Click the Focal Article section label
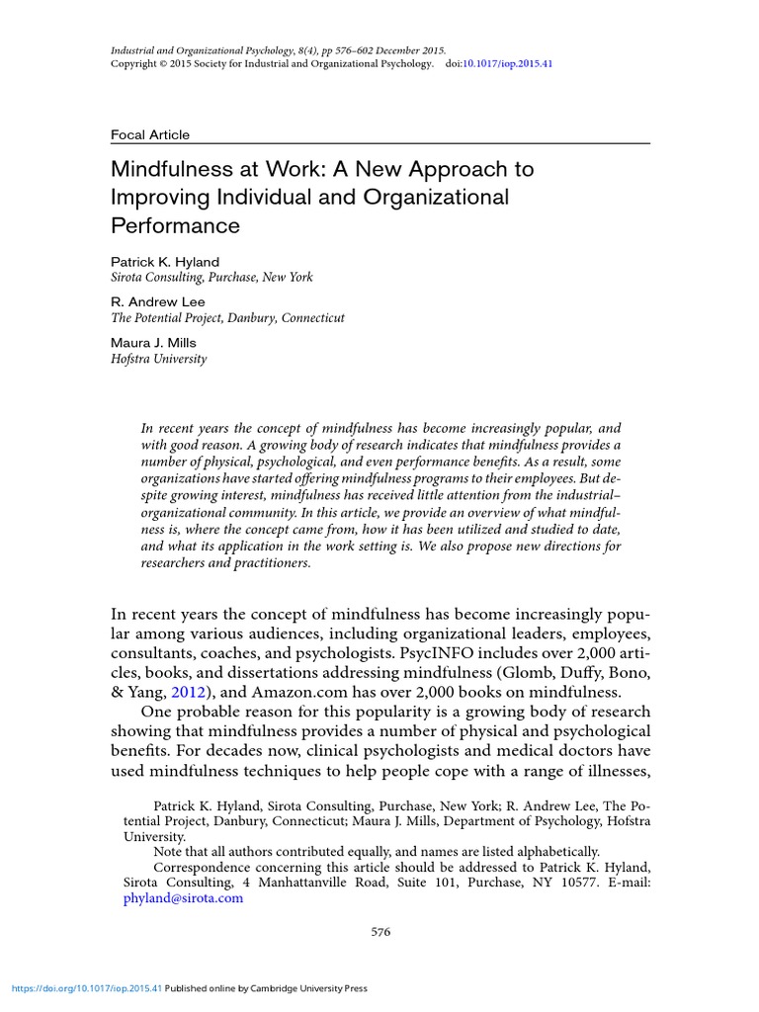click(149, 134)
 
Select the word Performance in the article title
click(175, 225)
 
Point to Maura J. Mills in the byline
click(153, 343)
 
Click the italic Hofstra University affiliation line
click(158, 360)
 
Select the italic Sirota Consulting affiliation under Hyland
click(211, 278)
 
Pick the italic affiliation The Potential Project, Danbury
click(227, 318)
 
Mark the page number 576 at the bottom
click(380, 932)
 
